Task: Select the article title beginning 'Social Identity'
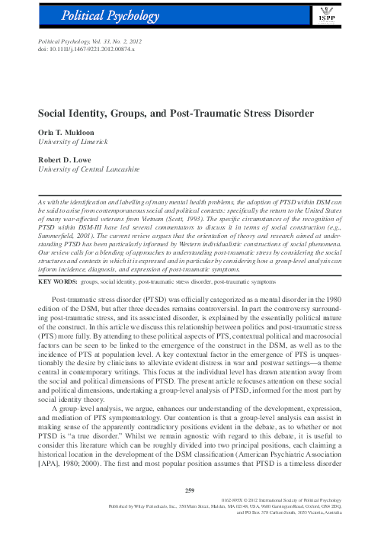tap(175, 113)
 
